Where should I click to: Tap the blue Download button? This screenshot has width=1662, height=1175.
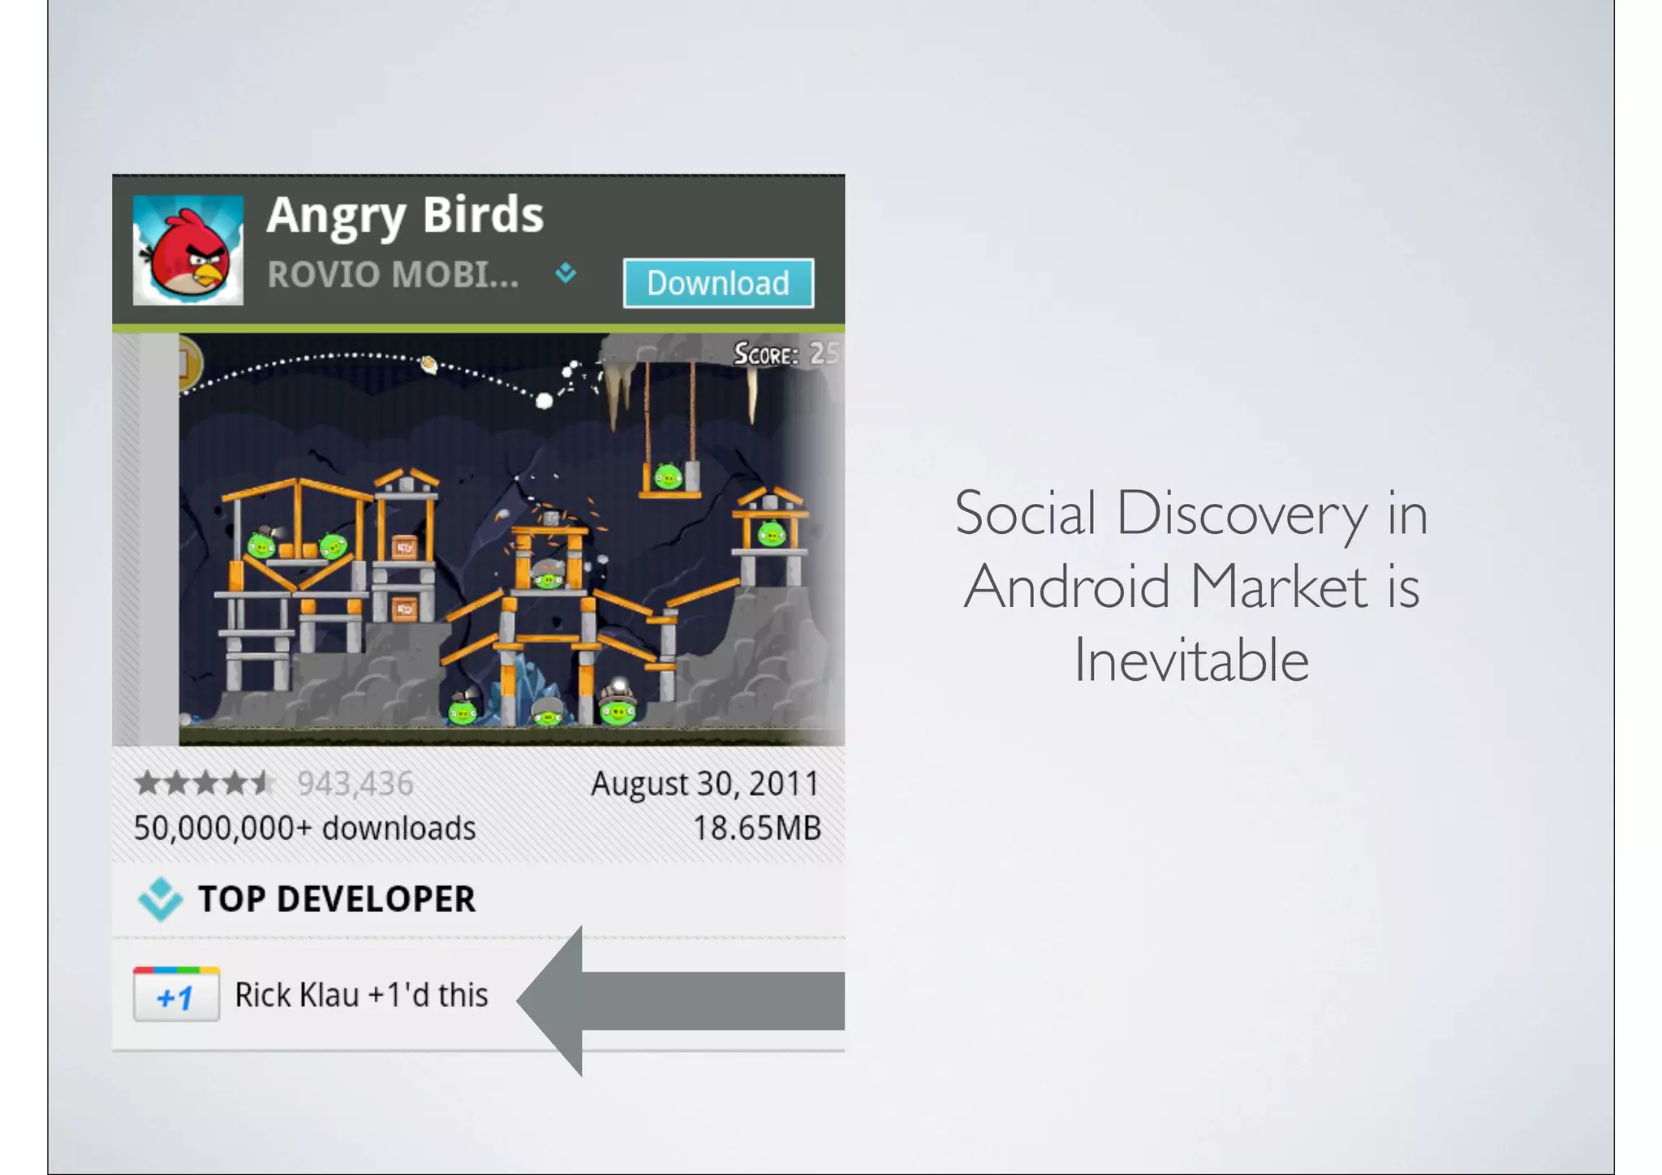click(718, 283)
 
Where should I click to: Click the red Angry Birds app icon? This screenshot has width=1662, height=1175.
click(188, 250)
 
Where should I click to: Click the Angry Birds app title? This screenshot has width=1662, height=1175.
click(405, 215)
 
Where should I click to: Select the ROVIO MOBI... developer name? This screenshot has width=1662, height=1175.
click(393, 275)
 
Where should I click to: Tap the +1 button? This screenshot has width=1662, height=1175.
click(176, 995)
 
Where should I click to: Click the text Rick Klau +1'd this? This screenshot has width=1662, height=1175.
click(361, 995)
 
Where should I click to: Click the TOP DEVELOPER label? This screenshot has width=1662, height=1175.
click(337, 899)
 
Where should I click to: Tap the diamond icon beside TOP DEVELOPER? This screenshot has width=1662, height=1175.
click(160, 899)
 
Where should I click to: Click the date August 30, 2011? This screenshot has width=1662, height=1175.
click(704, 784)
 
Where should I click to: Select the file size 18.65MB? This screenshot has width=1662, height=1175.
click(756, 829)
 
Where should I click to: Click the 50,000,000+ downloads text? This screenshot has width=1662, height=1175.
click(304, 829)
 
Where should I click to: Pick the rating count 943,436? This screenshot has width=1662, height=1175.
click(355, 784)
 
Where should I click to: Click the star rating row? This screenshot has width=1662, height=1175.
click(205, 784)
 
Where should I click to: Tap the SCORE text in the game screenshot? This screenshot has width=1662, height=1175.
click(766, 354)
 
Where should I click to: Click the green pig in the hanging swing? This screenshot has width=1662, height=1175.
click(668, 476)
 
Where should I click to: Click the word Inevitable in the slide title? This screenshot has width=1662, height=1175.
click(1191, 660)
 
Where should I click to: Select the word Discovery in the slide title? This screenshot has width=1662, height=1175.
click(1242, 514)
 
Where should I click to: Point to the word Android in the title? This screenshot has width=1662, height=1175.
click(1066, 587)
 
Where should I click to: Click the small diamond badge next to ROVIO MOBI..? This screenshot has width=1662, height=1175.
click(566, 273)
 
